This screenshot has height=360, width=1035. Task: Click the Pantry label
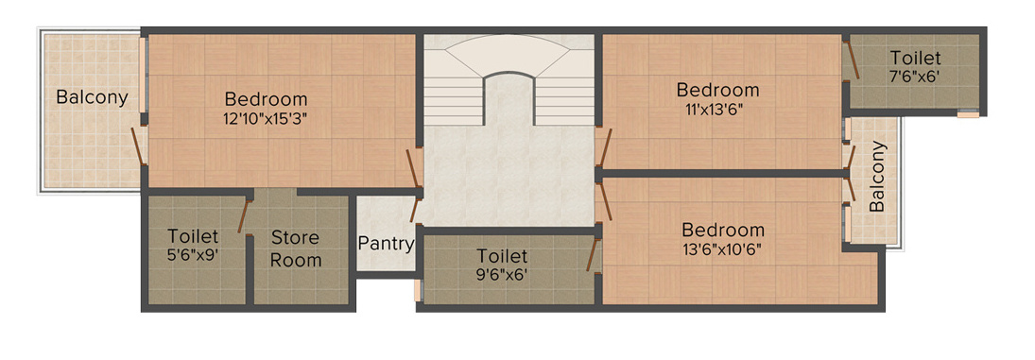coord(386,244)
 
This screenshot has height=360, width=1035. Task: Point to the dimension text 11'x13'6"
coord(717,110)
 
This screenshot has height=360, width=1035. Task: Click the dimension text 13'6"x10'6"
coord(722,249)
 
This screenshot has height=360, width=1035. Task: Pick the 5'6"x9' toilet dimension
coord(193,254)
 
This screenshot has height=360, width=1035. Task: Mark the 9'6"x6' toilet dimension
coord(502,275)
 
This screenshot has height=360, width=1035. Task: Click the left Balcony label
coord(92,97)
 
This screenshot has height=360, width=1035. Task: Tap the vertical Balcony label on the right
coord(877,177)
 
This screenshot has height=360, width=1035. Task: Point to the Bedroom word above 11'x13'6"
coord(717,91)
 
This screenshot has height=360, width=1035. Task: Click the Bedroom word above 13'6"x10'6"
coord(723,231)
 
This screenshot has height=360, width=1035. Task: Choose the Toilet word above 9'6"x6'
coord(502,256)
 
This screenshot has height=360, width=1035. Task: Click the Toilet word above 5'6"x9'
coord(193,235)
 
